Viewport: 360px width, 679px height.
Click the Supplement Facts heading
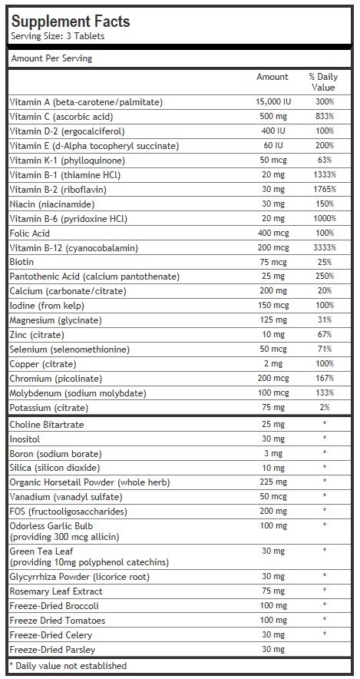70,22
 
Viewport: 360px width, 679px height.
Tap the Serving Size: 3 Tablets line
58,36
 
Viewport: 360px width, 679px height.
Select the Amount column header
272,77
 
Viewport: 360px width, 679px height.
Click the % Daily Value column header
324,82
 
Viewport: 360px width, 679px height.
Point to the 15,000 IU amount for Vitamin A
273,102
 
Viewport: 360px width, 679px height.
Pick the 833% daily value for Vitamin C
325,117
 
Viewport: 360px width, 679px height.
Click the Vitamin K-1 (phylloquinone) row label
67,161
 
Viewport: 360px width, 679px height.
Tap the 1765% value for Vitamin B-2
325,189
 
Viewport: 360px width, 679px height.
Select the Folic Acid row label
29,233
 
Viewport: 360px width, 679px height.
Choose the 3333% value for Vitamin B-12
325,247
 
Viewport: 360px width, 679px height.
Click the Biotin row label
21,262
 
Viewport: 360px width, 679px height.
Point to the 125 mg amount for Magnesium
273,320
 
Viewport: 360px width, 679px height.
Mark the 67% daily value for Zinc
325,335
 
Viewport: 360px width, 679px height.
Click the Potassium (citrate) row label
49,408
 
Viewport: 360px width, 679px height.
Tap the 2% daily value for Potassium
325,408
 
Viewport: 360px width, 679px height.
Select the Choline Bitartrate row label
47,425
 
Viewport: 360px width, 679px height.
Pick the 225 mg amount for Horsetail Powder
273,482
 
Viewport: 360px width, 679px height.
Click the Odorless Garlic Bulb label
51,526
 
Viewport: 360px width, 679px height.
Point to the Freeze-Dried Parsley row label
52,650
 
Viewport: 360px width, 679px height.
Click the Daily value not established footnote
68,666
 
